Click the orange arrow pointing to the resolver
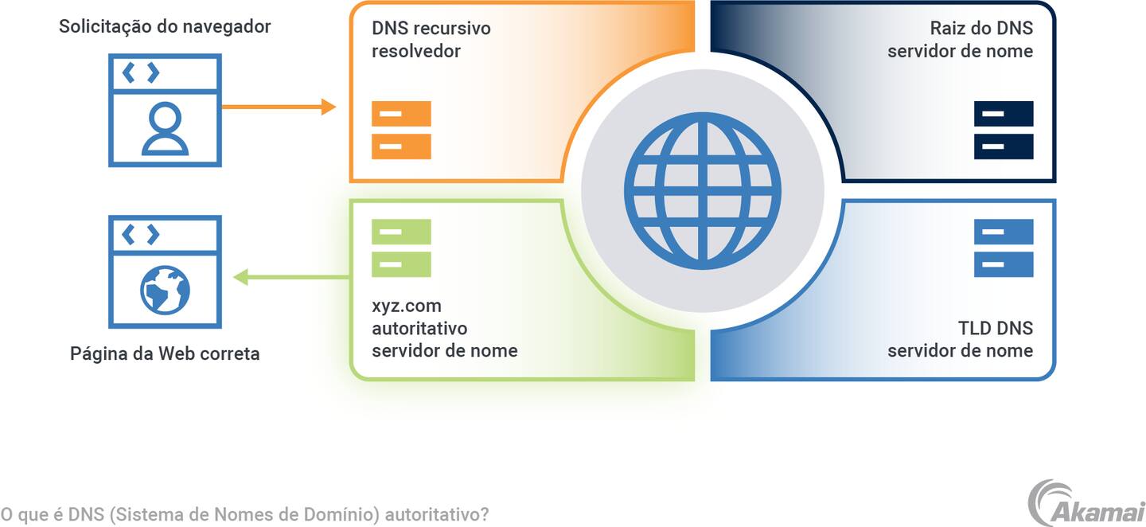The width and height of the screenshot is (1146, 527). coord(279,107)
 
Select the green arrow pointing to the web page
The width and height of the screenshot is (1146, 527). coord(291,277)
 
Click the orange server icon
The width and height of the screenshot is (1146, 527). coord(401,130)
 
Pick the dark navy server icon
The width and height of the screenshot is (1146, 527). coord(1004,130)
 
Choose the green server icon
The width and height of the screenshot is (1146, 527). coord(401,248)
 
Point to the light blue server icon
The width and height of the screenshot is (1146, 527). coord(1004,248)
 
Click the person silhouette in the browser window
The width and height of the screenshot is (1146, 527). coord(165,129)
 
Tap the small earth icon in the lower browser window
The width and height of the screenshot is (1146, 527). coord(165,290)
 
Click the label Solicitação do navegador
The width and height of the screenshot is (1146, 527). coord(165,27)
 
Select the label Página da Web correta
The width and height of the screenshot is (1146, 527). coord(165,353)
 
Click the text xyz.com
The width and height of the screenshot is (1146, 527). coord(406,306)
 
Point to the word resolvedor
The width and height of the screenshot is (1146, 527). coord(415,51)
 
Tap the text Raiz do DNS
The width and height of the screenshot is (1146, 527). coord(981,29)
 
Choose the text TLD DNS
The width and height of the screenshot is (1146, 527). coord(995,328)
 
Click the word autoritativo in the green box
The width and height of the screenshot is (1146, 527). coord(419,328)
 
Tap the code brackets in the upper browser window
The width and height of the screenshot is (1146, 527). coord(140,73)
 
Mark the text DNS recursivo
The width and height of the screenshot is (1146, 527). coord(431,29)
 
